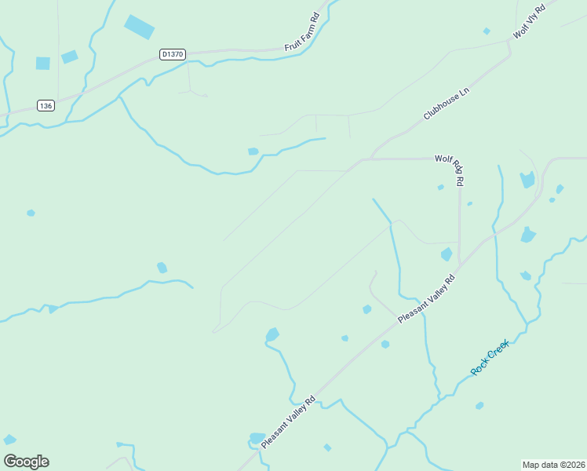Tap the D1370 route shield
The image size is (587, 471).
coord(171,54)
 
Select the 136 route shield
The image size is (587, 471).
coord(46,105)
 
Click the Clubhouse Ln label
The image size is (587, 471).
coord(446,103)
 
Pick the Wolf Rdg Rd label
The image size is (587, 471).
coord(450,170)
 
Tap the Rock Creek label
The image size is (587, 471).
coord(490,357)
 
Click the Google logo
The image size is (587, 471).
coord(26,462)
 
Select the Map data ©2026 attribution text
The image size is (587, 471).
coord(553,465)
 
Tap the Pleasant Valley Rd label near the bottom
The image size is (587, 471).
coord(288,422)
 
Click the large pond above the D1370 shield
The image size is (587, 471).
coord(139,27)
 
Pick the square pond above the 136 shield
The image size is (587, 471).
coord(42,63)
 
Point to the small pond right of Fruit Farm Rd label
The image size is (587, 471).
coord(487,31)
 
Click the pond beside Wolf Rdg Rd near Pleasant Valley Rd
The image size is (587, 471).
coord(447,254)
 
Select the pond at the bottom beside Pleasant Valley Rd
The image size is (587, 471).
coord(257,437)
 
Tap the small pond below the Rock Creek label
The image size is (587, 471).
coord(479,406)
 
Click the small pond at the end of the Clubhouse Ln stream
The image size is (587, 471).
coord(253,152)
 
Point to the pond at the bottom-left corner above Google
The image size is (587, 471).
coord(9,440)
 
